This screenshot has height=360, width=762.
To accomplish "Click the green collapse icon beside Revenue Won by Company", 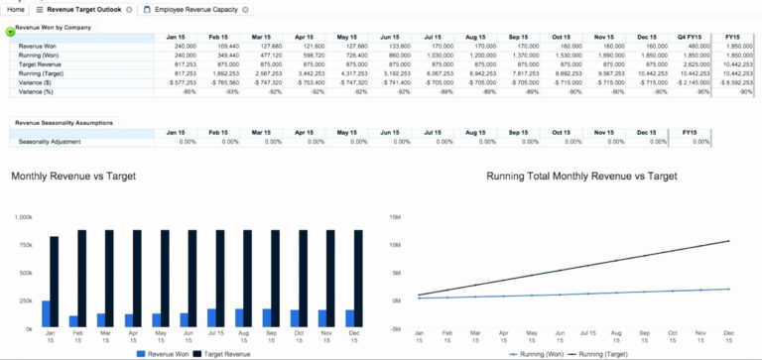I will (x=10, y=32).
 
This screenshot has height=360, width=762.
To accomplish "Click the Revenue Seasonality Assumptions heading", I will (x=63, y=122).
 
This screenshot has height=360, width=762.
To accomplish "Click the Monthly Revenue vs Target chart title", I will (x=73, y=177).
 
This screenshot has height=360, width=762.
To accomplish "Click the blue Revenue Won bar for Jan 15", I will (x=45, y=314).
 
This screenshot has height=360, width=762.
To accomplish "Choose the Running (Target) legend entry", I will (x=605, y=353).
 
